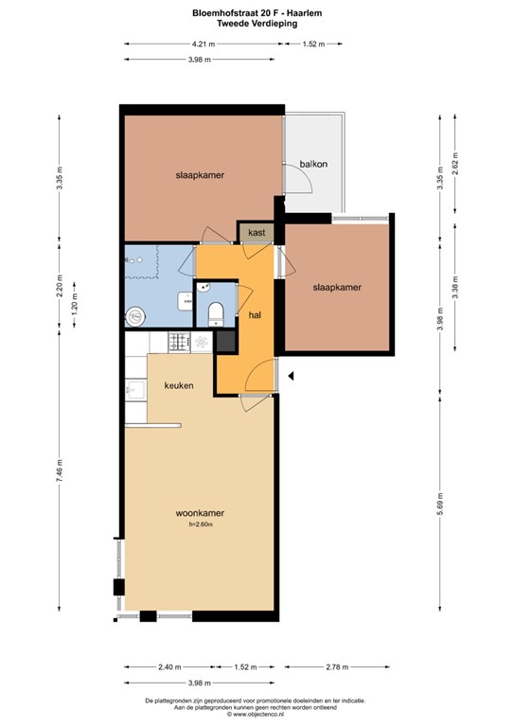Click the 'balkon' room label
pos(313,164)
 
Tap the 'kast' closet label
pos(257,232)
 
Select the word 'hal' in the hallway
pos(255,314)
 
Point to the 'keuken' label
pos(179,385)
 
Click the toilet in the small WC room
pos(216,311)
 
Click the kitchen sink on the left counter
pos(133,388)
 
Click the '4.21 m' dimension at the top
pos(202,44)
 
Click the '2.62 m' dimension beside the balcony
pos(455,165)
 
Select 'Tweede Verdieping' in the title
pos(257,23)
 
